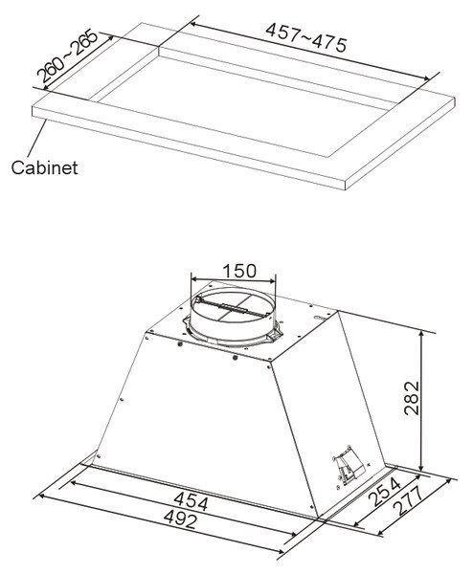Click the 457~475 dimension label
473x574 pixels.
[x=306, y=37]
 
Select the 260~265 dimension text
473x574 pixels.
[x=68, y=55]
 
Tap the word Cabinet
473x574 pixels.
[x=44, y=167]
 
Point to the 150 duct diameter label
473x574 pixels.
[x=239, y=271]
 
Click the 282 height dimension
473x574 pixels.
[x=412, y=398]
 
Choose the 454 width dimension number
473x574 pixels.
[x=191, y=500]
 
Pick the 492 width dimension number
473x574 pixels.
[x=180, y=519]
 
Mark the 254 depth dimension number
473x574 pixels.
[x=384, y=493]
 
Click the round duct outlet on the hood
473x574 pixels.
[x=233, y=315]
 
